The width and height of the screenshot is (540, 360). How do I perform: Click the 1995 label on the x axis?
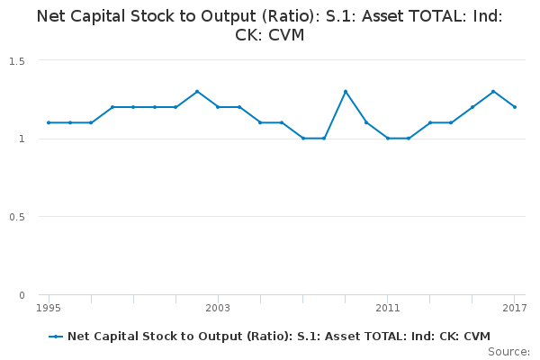click(49, 309)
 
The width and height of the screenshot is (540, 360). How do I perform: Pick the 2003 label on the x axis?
click(218, 309)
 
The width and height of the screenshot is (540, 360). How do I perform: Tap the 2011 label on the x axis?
click(387, 309)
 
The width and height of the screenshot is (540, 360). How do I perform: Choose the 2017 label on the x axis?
click(514, 309)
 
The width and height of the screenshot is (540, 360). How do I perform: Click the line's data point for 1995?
click(49, 122)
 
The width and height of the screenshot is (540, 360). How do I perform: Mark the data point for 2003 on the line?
click(218, 107)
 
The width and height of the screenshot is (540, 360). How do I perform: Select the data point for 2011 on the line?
click(387, 139)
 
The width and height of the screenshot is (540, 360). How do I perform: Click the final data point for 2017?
click(514, 107)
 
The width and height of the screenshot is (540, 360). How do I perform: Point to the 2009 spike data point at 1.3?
click(345, 91)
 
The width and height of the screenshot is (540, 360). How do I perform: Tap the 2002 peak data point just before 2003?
click(197, 91)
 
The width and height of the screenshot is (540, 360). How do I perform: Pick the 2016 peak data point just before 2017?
click(493, 91)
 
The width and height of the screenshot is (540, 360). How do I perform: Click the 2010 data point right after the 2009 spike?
click(366, 122)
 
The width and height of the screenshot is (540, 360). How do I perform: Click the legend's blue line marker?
click(57, 337)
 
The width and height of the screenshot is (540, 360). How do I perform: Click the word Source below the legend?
click(508, 351)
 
